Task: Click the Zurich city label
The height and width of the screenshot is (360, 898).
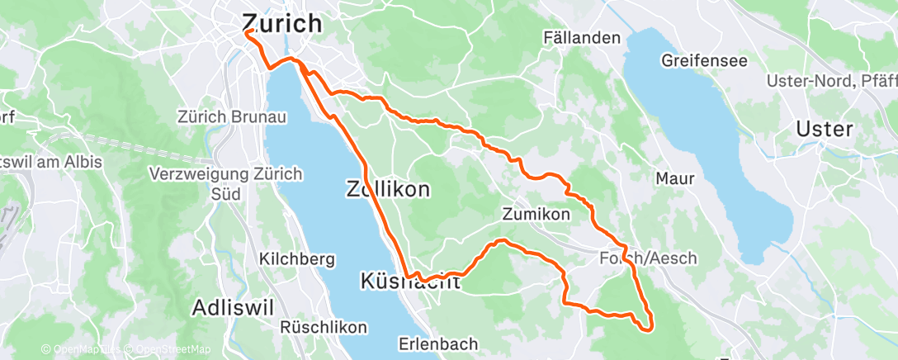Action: pos(281,23)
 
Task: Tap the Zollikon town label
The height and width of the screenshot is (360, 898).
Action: pos(386,190)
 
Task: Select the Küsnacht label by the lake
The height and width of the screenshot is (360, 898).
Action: pos(410,282)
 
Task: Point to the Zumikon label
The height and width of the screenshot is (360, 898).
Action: pos(536,215)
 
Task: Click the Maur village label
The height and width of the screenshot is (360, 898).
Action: pos(674,178)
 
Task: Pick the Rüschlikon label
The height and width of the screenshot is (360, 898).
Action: pos(324,327)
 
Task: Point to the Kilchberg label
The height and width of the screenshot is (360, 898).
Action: pos(296,259)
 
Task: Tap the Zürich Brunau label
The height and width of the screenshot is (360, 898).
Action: pos(232,117)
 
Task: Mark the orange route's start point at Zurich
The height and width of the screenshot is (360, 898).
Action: pos(247,32)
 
